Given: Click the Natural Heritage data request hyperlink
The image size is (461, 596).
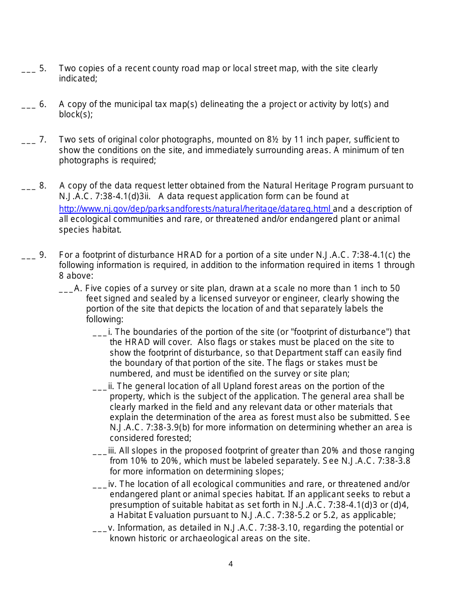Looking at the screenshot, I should pyautogui.click(x=195, y=209).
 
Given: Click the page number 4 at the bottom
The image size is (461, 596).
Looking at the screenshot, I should pyautogui.click(x=230, y=564).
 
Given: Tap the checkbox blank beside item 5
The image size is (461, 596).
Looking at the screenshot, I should pyautogui.click(x=28, y=69).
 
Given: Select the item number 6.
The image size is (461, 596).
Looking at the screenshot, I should pyautogui.click(x=43, y=104).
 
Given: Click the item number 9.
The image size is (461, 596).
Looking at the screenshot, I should pyautogui.click(x=43, y=255).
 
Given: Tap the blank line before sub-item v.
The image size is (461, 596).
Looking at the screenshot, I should pyautogui.click(x=99, y=529).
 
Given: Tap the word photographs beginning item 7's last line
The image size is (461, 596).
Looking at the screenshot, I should pyautogui.click(x=80, y=160).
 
